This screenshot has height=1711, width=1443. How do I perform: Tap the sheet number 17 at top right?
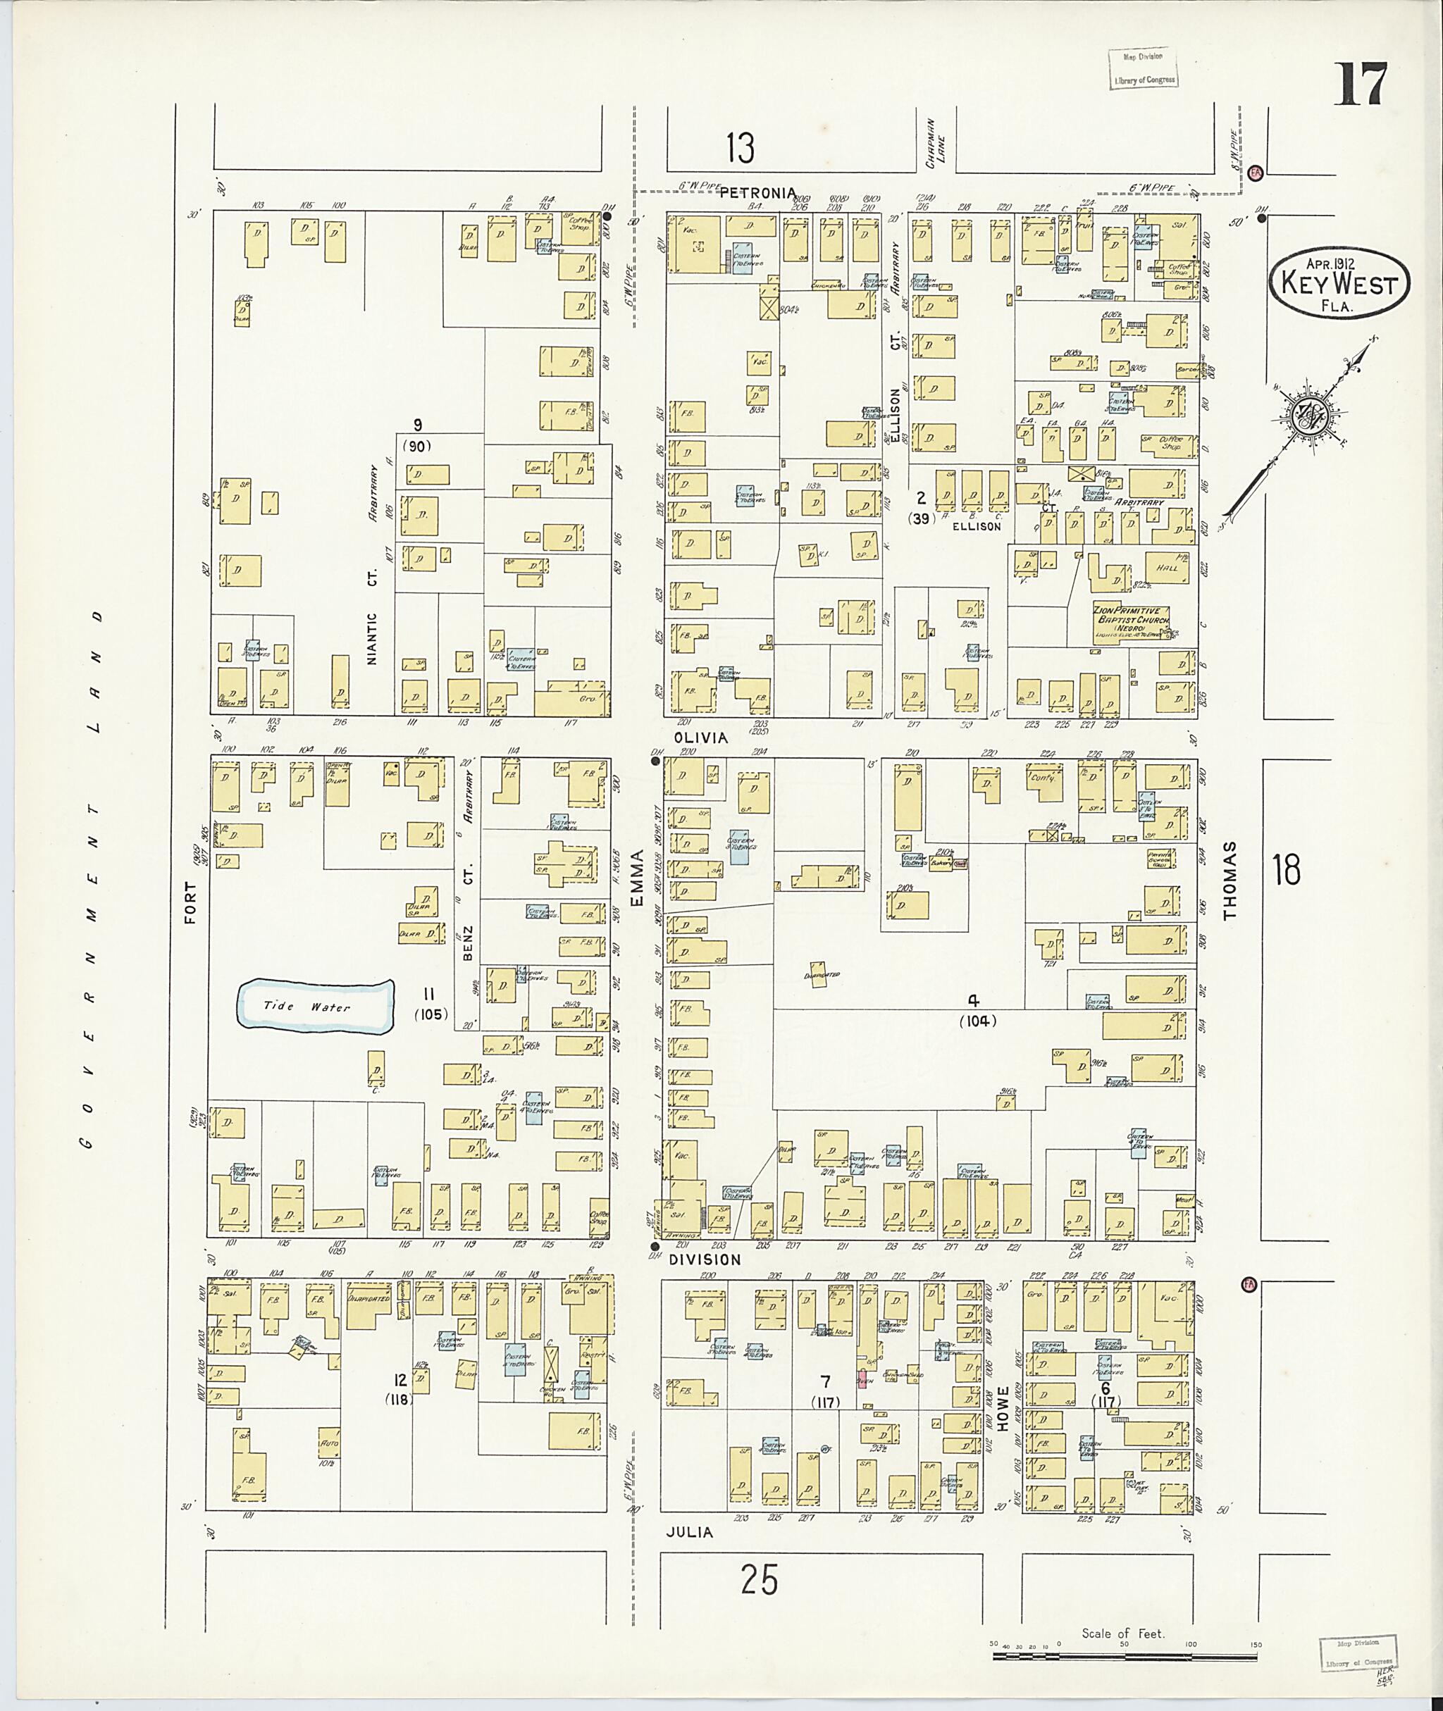pos(1361,85)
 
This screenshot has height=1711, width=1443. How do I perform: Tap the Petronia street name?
pos(757,194)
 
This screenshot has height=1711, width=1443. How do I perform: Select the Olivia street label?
pos(700,737)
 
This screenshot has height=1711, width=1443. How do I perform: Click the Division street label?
pos(705,1260)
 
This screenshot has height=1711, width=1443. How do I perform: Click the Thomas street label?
pos(1230,882)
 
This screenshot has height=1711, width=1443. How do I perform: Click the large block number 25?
pos(758,1579)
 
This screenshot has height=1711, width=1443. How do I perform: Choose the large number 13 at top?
pos(740,149)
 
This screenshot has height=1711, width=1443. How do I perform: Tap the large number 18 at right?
pos(1285,869)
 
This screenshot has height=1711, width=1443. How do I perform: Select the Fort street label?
pos(192,902)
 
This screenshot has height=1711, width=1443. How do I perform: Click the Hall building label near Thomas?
pos(1167,568)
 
